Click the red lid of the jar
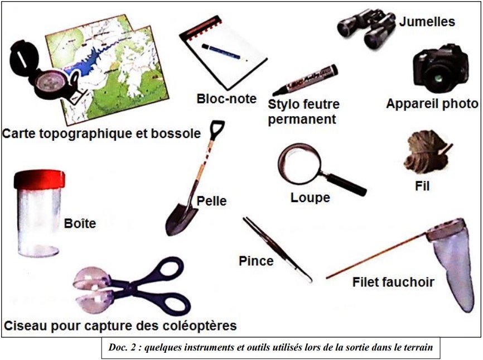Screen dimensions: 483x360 pos(39,179)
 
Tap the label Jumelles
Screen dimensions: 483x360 pos(427,22)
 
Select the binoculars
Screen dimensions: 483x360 pos(366,28)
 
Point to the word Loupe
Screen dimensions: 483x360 pos(310,198)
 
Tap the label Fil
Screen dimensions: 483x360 pos(422,186)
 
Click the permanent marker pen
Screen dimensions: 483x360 pos(305,80)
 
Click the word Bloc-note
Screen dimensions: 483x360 pos(226,99)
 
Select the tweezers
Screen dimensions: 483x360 pos(277,250)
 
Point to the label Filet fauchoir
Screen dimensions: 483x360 pos(393,282)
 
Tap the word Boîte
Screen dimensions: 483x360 pos(80,223)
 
